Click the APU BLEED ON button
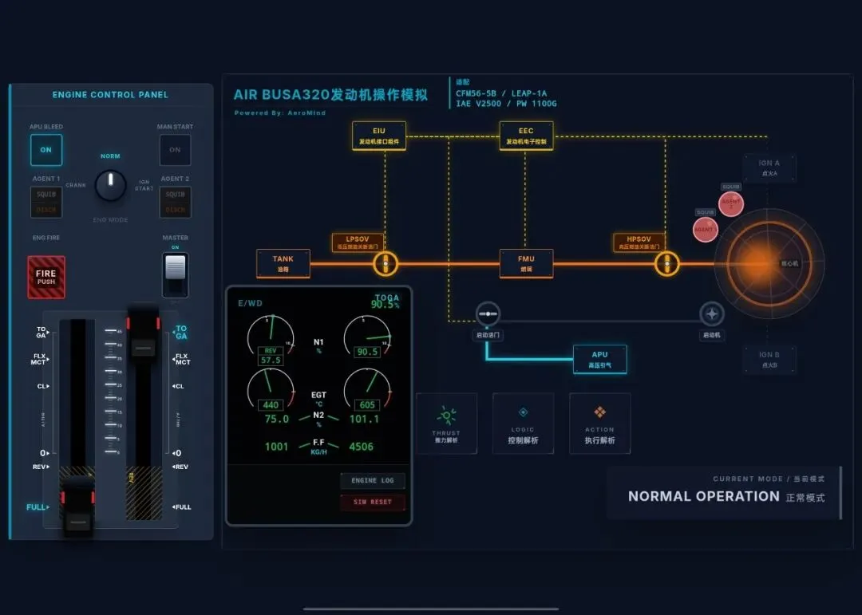click(46, 150)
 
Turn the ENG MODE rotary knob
click(111, 186)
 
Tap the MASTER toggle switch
click(175, 276)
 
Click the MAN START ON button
click(175, 150)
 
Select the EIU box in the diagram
click(378, 136)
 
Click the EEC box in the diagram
click(526, 136)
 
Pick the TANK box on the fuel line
click(283, 263)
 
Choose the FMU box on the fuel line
click(526, 263)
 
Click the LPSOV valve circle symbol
click(386, 263)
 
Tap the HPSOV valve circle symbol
click(666, 263)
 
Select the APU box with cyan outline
click(599, 359)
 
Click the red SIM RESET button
click(372, 503)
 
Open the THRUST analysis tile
click(446, 424)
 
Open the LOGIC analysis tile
click(523, 424)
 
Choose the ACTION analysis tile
click(599, 424)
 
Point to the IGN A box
click(769, 168)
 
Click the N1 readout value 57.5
click(271, 361)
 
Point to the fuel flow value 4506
click(361, 447)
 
